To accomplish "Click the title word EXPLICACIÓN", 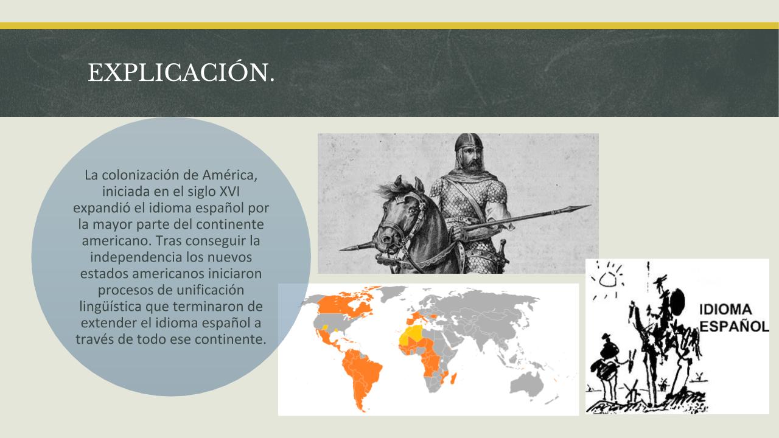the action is pos(181,72).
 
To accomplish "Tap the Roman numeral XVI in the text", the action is pos(229,192).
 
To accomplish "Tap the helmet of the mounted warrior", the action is pos(469,142).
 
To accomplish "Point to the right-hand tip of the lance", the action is pos(591,206).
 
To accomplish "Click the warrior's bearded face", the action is pos(470,159).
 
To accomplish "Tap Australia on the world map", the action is pos(528,384).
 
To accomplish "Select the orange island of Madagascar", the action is pos(454,378).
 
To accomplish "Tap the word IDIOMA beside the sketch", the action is pos(725,310).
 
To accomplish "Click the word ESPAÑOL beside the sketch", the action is pos(734,327).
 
